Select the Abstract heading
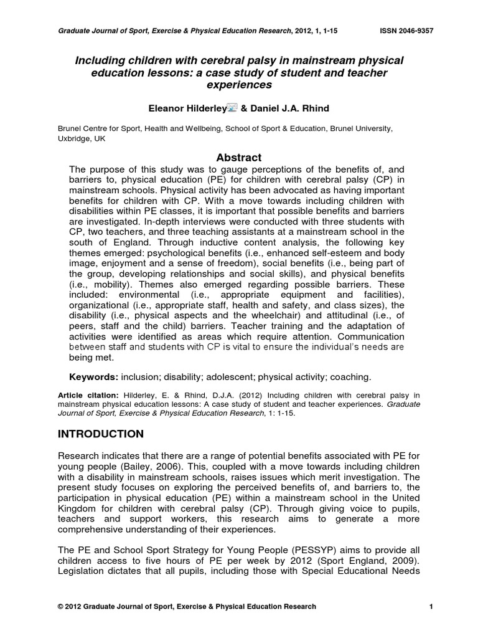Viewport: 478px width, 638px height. (x=238, y=157)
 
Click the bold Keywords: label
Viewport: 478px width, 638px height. (x=93, y=377)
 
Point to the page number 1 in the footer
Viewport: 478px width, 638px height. (x=431, y=606)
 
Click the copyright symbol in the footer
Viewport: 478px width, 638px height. (x=60, y=606)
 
